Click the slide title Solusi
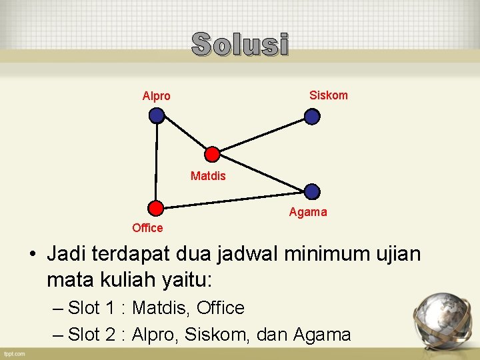pyautogui.click(x=240, y=45)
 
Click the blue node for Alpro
pyautogui.click(x=157, y=116)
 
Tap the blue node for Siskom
pyautogui.click(x=312, y=117)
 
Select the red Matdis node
pyautogui.click(x=212, y=155)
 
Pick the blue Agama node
pyautogui.click(x=312, y=192)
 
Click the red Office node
pyautogui.click(x=155, y=207)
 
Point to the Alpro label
pyautogui.click(x=157, y=96)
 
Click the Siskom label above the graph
pyautogui.click(x=328, y=95)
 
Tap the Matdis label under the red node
pyautogui.click(x=208, y=176)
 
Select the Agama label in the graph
pyautogui.click(x=308, y=212)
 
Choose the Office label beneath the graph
pyautogui.click(x=147, y=228)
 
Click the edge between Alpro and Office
pyautogui.click(x=156, y=161)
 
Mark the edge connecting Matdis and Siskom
pyautogui.click(x=262, y=135)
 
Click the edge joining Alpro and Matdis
pyautogui.click(x=184, y=135)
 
